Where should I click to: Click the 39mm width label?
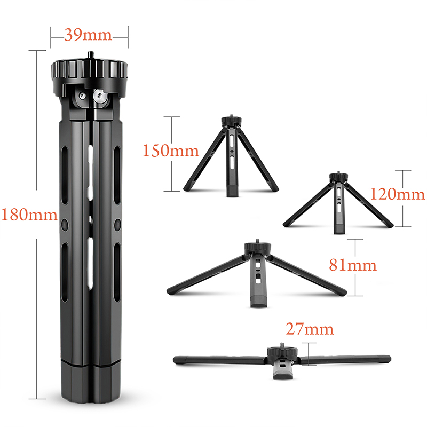tap(88, 35)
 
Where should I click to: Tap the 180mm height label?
tap(29, 214)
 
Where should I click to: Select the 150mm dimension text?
tap(171, 151)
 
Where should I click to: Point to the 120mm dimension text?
tap(398, 194)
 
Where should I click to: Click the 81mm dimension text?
tap(353, 265)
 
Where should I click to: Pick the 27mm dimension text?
tap(310, 329)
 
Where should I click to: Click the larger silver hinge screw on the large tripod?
tap(100, 96)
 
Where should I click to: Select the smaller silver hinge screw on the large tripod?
tap(82, 96)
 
